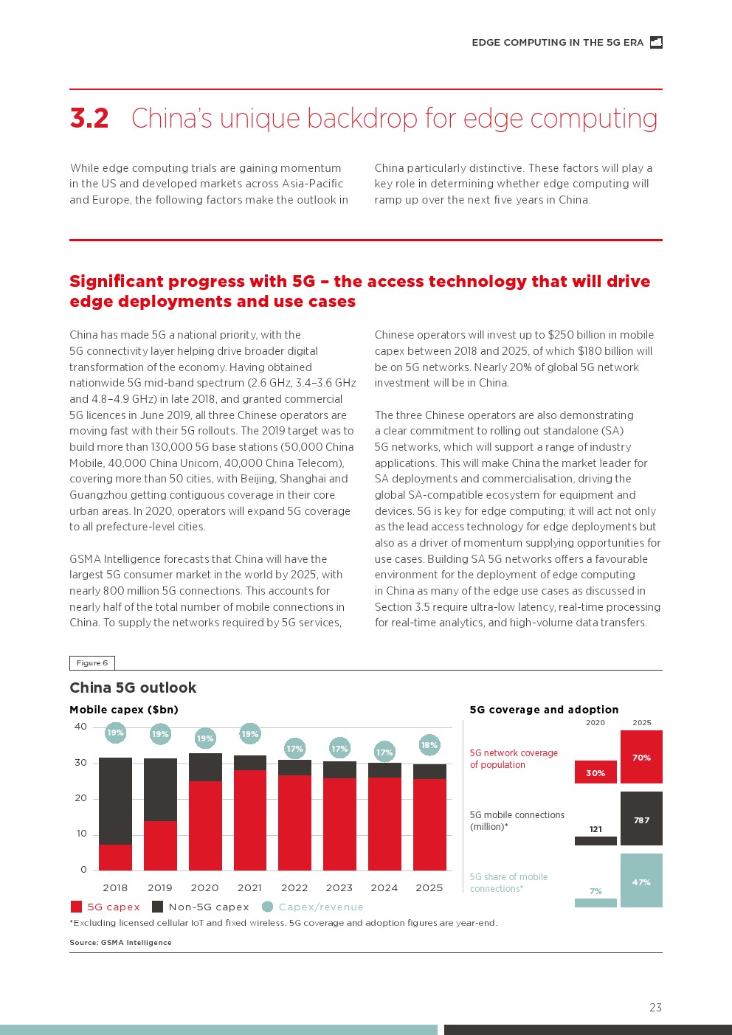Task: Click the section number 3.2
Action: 89,119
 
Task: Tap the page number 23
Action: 655,1007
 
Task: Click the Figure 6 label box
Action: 92,662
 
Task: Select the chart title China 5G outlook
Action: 133,688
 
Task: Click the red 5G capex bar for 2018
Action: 115,857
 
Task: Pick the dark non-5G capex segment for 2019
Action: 160,789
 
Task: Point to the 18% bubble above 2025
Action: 429,745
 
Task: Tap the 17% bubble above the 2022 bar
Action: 294,749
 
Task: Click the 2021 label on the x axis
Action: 249,887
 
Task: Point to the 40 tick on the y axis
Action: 80,727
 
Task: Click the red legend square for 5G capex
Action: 76,907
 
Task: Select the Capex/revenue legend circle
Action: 267,907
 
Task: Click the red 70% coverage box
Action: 641,757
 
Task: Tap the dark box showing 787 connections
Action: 641,819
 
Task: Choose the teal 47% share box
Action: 641,881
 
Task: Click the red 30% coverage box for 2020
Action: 595,772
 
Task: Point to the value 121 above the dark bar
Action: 595,829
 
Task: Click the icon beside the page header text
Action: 656,43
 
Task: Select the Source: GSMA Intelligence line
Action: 120,942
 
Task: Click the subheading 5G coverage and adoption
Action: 544,710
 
